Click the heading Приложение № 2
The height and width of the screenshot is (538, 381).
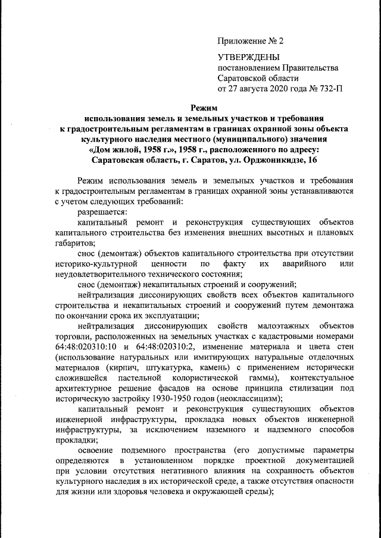pyautogui.click(x=251, y=42)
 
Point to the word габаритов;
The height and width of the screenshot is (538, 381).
pyautogui.click(x=74, y=244)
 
